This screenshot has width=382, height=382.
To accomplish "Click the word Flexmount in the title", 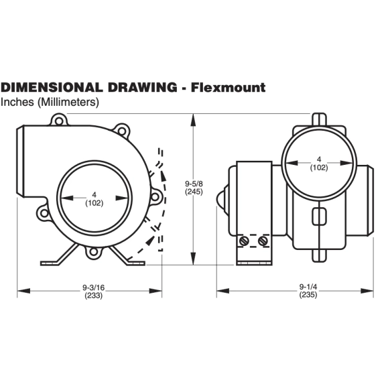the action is point(228,87).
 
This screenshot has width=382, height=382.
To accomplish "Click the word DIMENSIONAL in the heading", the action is point(52,87).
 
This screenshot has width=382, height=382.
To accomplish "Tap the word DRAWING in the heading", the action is point(142,87).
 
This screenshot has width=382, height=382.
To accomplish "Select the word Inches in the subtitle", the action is point(17,102).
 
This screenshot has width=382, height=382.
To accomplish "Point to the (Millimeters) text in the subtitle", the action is point(68,102).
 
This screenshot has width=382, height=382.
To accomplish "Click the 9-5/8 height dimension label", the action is point(194,184).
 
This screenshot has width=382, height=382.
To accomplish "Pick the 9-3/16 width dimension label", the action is point(94,288).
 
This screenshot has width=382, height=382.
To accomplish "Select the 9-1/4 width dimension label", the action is point(308,287).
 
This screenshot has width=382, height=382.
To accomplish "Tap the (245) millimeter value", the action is point(194,192).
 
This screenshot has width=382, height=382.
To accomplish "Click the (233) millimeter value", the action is point(94,296).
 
